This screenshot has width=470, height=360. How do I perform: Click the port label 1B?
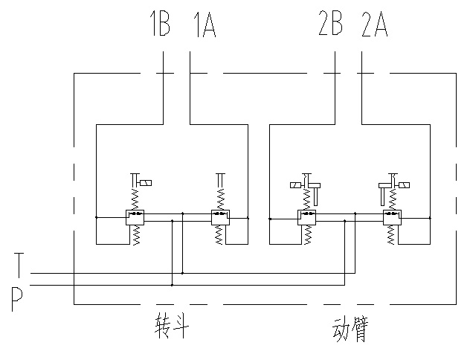tap(159, 26)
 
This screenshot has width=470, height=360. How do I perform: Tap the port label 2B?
tap(330, 26)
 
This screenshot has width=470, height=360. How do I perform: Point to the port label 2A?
tap(374, 26)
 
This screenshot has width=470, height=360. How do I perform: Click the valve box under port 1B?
tap(134, 218)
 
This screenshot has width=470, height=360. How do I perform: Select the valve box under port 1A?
tap(220, 218)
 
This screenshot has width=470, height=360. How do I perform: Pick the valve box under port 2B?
tap(307, 218)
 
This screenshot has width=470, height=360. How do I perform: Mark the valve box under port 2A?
tap(392, 218)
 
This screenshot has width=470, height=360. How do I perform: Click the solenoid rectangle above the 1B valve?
tap(148, 183)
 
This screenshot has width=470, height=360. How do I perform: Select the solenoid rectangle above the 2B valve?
tap(295, 184)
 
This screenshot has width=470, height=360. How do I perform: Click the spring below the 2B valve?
tap(307, 234)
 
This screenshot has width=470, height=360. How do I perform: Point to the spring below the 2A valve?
tap(393, 234)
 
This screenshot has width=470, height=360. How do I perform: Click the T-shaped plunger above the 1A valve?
tap(220, 179)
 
